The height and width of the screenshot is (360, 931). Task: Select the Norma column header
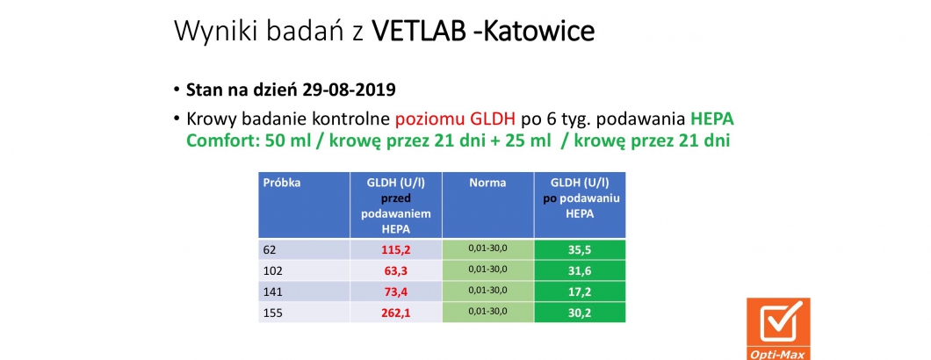click(x=487, y=183)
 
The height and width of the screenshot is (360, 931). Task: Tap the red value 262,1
click(x=396, y=310)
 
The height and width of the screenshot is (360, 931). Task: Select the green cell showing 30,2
click(x=580, y=310)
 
